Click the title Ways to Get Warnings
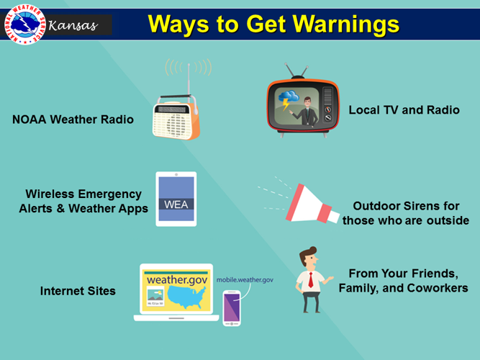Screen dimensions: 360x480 coord(273,24)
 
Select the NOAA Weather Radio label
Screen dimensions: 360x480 coord(73,120)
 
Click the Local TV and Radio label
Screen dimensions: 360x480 coord(404,110)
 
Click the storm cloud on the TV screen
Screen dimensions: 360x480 coord(290,97)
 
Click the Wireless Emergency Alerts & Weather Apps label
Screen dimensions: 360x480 coord(83,202)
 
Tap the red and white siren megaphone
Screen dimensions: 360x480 coord(307,204)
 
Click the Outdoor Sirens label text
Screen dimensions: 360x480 coord(405,213)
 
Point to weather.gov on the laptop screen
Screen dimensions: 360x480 coord(176,279)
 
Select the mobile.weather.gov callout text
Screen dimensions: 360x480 coord(245,279)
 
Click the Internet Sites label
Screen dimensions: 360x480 coord(78,292)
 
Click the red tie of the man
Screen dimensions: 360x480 coord(310,280)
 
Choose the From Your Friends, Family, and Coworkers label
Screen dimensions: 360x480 coord(403,281)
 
